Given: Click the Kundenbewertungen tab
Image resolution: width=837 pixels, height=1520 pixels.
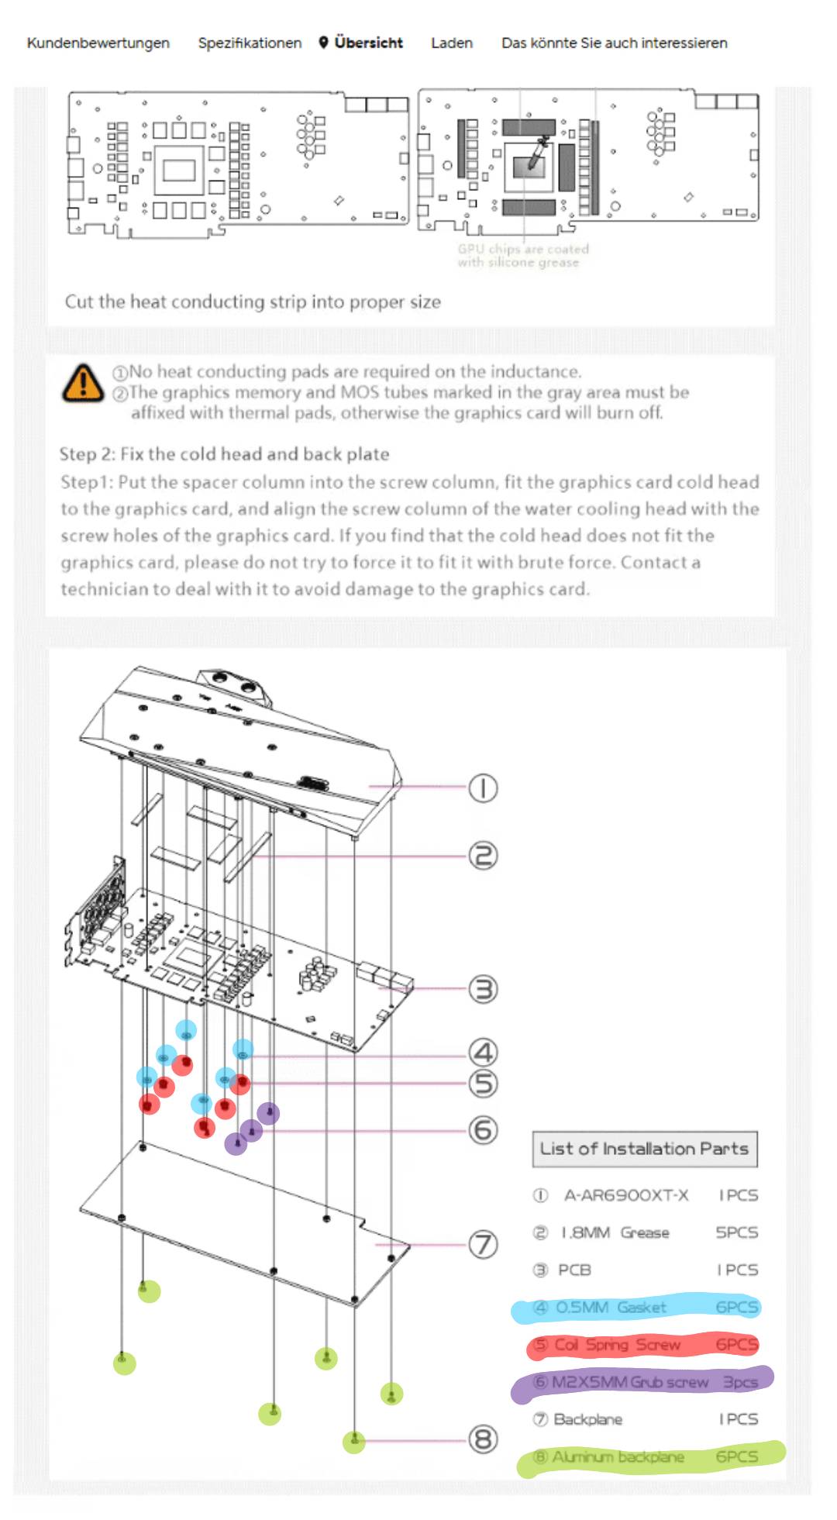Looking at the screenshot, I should point(98,43).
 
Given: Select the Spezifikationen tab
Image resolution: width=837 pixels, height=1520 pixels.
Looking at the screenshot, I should point(250,43).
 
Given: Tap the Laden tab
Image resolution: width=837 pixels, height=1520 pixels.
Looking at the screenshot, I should point(451,43).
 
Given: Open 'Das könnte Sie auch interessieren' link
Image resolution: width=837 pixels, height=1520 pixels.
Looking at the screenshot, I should point(614,43).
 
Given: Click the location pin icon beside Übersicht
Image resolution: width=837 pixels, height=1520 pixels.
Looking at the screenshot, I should point(324,42).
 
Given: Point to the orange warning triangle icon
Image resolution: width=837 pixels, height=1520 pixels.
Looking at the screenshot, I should point(82,383).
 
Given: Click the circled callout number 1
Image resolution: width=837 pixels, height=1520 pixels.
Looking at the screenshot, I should point(483,788).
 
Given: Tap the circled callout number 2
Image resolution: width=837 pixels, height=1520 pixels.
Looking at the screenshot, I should point(483,856).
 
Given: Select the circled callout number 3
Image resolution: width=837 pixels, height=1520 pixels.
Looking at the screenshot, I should point(483,989).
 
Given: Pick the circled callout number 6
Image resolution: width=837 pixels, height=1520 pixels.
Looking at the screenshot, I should point(483,1130).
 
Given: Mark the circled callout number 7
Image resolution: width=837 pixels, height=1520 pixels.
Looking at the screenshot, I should point(483,1245).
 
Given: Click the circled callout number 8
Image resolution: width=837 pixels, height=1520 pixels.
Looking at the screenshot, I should point(483,1439).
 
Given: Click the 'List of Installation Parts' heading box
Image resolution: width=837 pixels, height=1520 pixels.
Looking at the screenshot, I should point(644,1149).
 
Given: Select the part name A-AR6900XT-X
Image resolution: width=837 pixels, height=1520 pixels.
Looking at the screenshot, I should point(625,1195).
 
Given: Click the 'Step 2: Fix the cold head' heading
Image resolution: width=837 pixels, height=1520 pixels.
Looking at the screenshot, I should point(224,453).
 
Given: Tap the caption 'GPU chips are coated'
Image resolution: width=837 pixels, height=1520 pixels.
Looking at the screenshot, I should point(523,249).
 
